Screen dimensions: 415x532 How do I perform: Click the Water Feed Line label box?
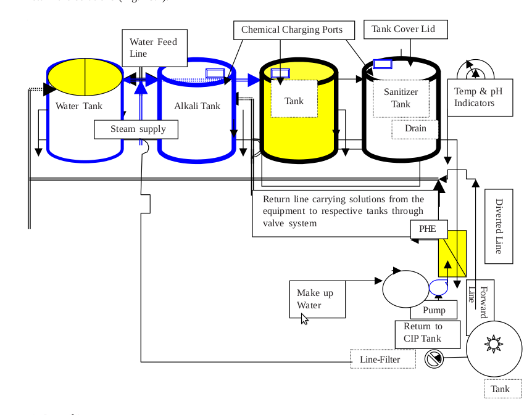click(x=154, y=47)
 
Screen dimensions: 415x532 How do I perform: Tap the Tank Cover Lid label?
click(x=407, y=29)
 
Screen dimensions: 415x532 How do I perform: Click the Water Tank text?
click(x=79, y=106)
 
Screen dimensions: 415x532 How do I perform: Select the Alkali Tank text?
click(x=197, y=106)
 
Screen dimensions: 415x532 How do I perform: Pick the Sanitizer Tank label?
click(x=401, y=98)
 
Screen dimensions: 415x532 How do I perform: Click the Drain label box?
click(x=415, y=129)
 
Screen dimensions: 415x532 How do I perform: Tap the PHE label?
click(x=428, y=229)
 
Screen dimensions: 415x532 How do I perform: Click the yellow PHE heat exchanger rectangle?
click(x=452, y=253)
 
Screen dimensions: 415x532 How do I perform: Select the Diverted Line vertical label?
click(x=499, y=226)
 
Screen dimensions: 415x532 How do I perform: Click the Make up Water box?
click(x=317, y=299)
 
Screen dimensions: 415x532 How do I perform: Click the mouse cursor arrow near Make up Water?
click(x=304, y=318)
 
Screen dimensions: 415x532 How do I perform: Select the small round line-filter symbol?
click(x=434, y=358)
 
